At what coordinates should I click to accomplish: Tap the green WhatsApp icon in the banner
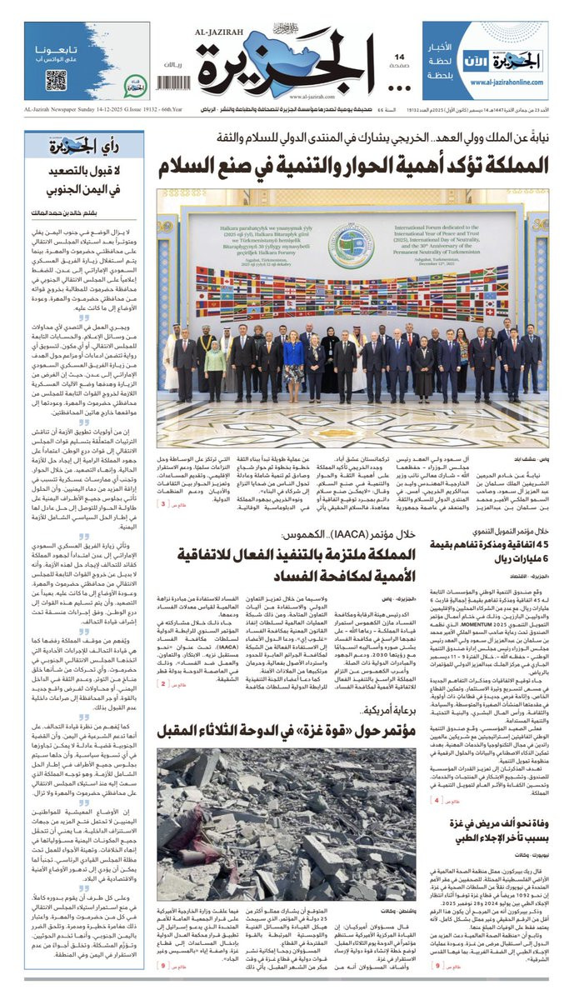coord(135,84)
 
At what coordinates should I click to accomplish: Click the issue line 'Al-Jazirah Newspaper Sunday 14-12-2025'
coord(91,109)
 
